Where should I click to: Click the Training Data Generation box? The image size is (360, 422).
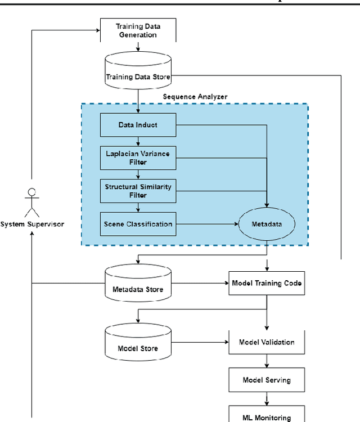pos(138,30)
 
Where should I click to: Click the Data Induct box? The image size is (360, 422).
pos(138,125)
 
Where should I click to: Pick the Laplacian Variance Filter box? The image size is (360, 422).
pos(138,158)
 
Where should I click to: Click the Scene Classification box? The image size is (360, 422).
pos(138,224)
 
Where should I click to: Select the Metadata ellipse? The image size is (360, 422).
pos(267,224)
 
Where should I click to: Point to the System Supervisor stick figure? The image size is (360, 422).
pos(32,201)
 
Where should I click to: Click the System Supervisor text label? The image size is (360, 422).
pos(32,224)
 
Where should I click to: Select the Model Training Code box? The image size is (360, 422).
pos(267,283)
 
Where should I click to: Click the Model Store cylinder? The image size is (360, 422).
pos(138,343)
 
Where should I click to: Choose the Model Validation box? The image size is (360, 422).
pos(267,342)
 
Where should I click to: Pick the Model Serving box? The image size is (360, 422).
pos(267,380)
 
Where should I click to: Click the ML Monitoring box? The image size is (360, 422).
pos(267,416)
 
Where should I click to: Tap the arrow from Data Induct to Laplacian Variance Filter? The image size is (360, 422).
pos(138,141)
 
